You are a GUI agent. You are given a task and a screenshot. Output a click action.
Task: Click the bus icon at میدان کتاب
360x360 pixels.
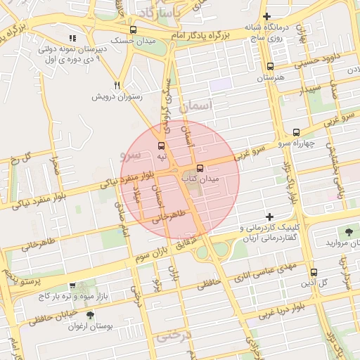tap(200, 169)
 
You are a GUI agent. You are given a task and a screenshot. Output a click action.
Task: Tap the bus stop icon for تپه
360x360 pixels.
tap(162, 146)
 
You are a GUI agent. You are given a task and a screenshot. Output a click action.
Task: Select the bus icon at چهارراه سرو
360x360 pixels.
tap(296, 131)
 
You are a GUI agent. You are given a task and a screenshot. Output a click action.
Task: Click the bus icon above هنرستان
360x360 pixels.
tap(270, 67)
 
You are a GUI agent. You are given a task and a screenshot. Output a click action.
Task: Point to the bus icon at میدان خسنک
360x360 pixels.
tap(134, 30)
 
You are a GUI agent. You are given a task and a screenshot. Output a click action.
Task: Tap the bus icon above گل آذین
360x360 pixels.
tap(314, 272)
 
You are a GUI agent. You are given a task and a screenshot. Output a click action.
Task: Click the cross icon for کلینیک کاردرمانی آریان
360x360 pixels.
tap(269, 217)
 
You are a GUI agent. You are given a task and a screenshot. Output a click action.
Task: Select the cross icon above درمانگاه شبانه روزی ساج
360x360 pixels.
tap(266, 16)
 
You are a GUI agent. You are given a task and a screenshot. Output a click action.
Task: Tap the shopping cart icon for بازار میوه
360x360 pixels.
tap(73, 285)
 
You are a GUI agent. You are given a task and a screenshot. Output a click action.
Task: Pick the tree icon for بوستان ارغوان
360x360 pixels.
tap(89, 315)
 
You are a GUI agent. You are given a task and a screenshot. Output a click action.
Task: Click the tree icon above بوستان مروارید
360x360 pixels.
tap(349, 231)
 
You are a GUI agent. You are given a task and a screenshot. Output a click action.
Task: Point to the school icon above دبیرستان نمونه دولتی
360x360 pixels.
tap(72, 39)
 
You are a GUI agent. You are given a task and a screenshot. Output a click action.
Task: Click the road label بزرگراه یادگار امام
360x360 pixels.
tap(206, 34)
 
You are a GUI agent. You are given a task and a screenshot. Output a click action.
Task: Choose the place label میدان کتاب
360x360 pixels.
tap(201, 179)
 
